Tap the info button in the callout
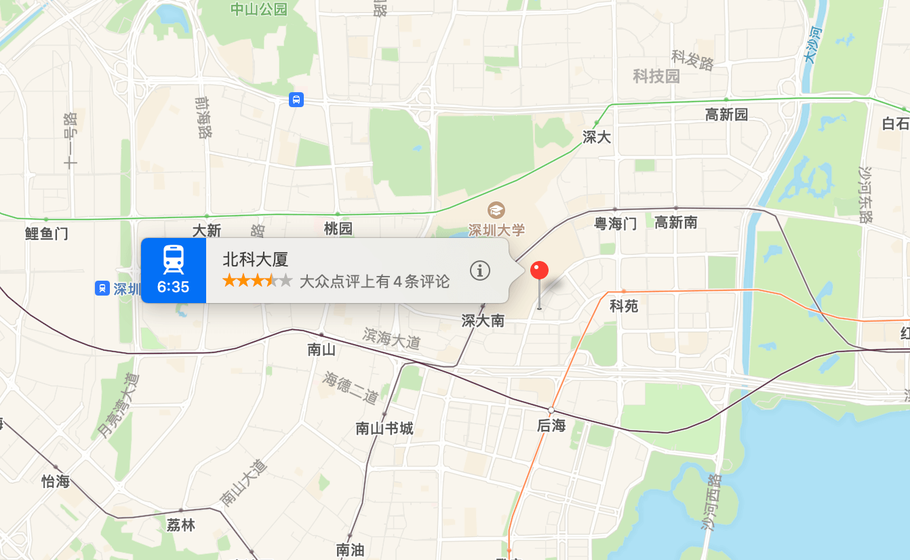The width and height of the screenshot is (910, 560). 480,271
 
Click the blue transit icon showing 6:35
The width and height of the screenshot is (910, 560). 173,270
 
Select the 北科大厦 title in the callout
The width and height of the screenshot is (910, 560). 256,260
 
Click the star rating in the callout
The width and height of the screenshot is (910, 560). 257,281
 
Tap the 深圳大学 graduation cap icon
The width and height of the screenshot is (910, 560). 496,209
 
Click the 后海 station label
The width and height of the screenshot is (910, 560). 551,426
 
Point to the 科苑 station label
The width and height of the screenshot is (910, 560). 624,306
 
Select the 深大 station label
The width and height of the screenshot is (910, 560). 597,137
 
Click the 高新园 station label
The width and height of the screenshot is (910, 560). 726,115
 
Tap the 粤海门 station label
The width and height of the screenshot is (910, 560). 616,223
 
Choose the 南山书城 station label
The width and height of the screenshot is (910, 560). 384,428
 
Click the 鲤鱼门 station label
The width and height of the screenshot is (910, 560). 46,234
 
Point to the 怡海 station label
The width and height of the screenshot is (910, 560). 56,481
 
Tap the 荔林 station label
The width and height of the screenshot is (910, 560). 180,525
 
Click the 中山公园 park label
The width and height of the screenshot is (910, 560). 259,9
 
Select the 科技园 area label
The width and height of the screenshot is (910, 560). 656,76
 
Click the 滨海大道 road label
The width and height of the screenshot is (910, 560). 392,338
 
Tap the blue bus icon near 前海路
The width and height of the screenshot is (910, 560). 296,100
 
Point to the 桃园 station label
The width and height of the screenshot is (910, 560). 338,228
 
